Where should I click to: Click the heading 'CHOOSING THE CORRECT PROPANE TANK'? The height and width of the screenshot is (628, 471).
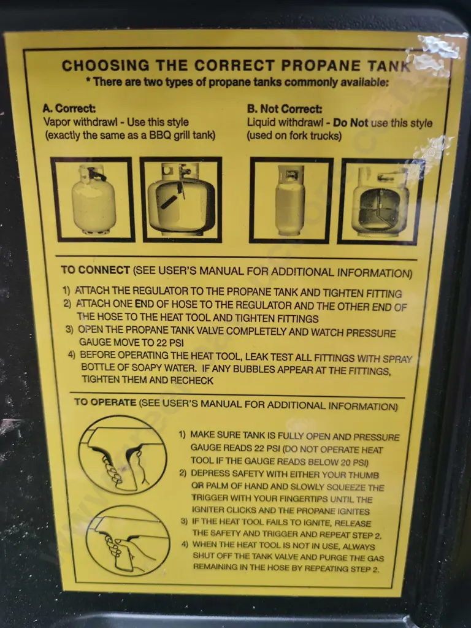click(236, 66)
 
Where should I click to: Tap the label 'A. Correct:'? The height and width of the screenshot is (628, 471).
click(69, 108)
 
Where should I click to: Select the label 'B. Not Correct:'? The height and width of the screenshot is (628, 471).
click(285, 109)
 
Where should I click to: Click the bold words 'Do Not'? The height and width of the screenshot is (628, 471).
click(350, 123)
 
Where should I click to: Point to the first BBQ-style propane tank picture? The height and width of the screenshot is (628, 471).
click(93, 199)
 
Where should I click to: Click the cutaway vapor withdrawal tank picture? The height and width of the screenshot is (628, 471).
click(181, 199)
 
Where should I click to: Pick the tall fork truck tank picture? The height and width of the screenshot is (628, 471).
click(291, 201)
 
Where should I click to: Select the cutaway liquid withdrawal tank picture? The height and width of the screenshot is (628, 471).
click(380, 201)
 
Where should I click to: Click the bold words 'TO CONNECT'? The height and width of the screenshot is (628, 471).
click(95, 270)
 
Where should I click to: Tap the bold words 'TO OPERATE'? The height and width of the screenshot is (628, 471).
click(105, 402)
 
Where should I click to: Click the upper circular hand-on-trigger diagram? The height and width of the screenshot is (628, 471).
click(123, 454)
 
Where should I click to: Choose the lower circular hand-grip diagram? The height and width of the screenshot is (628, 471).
click(128, 541)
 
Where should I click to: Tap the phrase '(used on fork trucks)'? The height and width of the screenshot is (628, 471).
click(294, 136)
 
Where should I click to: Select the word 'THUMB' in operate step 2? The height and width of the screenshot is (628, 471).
click(364, 475)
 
